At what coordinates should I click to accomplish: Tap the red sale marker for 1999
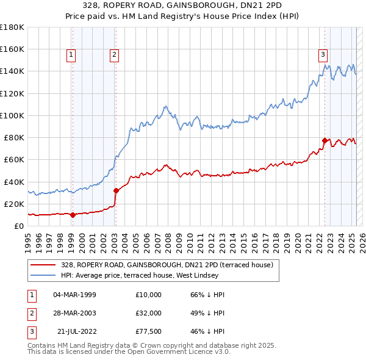click(x=73, y=215)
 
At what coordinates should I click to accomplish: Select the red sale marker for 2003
click(x=116, y=190)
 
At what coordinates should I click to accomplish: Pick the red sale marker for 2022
click(x=325, y=140)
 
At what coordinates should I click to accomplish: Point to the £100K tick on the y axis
click(x=12, y=115)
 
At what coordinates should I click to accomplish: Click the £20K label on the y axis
click(x=14, y=204)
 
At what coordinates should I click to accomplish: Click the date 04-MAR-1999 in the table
click(x=74, y=295)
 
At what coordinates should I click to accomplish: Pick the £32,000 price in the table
click(x=148, y=312)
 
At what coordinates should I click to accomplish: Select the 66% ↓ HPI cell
click(x=207, y=295)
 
